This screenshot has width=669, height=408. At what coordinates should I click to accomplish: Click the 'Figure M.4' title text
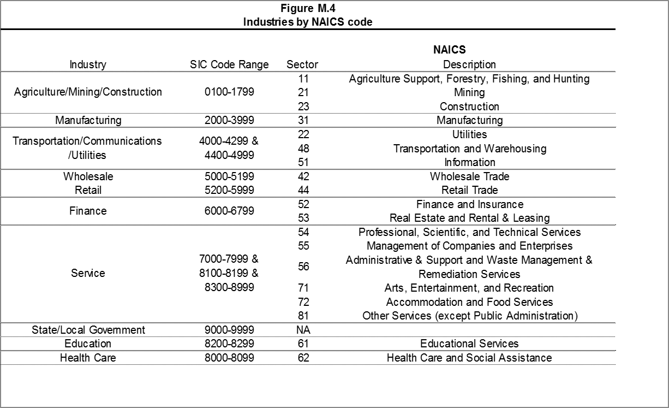307,8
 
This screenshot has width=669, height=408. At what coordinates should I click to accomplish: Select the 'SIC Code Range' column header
229,64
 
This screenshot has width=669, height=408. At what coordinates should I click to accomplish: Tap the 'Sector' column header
302,64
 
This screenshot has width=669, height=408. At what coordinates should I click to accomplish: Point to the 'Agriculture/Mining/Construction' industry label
88,92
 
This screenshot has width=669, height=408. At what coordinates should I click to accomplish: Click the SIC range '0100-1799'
229,92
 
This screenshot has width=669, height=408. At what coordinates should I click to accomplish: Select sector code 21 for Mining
304,92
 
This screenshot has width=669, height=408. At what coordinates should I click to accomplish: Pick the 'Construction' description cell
469,107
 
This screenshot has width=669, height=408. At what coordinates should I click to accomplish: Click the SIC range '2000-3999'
229,120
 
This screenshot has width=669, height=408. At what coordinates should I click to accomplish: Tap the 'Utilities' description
469,134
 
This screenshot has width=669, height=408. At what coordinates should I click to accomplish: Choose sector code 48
304,148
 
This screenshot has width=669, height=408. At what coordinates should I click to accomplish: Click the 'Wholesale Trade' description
469,176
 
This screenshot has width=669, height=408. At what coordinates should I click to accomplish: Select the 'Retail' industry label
88,190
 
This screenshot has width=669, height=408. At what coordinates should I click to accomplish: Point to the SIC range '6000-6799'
229,211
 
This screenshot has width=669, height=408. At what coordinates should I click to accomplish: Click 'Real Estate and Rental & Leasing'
469,218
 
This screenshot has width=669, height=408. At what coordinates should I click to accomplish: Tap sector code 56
304,267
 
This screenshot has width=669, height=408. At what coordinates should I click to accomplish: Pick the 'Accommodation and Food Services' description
469,302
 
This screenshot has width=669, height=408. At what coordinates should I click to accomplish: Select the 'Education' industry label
88,344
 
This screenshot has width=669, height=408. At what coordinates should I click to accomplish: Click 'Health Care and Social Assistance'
469,358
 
